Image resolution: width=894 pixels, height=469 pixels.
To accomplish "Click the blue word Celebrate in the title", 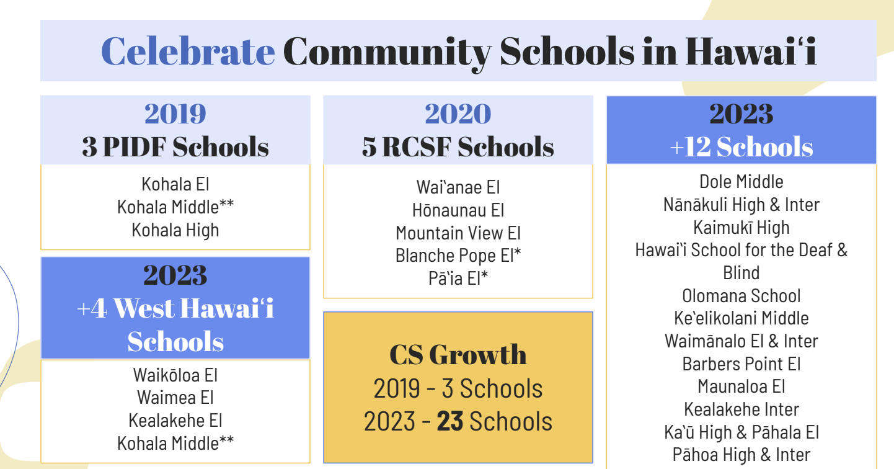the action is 188,51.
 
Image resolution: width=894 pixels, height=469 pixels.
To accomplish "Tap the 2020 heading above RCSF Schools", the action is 458,114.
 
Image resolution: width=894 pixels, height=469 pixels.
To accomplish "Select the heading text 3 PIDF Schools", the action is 175,146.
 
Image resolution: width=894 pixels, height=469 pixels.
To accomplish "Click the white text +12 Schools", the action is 741,146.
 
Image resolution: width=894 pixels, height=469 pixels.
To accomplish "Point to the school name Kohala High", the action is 175,230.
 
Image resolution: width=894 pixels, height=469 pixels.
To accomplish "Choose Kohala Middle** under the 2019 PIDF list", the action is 175,207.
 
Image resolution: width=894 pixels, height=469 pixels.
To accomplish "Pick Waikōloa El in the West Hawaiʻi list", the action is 175,375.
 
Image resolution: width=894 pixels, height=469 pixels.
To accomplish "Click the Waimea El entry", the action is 175,398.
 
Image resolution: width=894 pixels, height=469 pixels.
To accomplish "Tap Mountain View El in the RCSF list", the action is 458,233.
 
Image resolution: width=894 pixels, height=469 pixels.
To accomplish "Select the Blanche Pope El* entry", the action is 458,255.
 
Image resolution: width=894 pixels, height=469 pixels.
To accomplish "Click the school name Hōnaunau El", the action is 458,210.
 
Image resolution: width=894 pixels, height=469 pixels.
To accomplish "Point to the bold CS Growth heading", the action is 458,354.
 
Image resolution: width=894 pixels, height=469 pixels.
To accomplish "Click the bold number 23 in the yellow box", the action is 450,421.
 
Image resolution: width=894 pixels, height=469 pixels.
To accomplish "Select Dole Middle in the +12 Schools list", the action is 741,182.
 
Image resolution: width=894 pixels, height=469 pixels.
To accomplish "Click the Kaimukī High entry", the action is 741,228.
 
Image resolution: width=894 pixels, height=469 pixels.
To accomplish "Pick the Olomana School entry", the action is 741,296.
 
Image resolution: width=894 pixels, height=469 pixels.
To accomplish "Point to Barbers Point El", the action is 741,364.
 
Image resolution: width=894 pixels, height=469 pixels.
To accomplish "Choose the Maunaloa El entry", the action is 741,386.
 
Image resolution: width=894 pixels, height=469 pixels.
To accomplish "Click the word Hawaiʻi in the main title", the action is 751,51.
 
